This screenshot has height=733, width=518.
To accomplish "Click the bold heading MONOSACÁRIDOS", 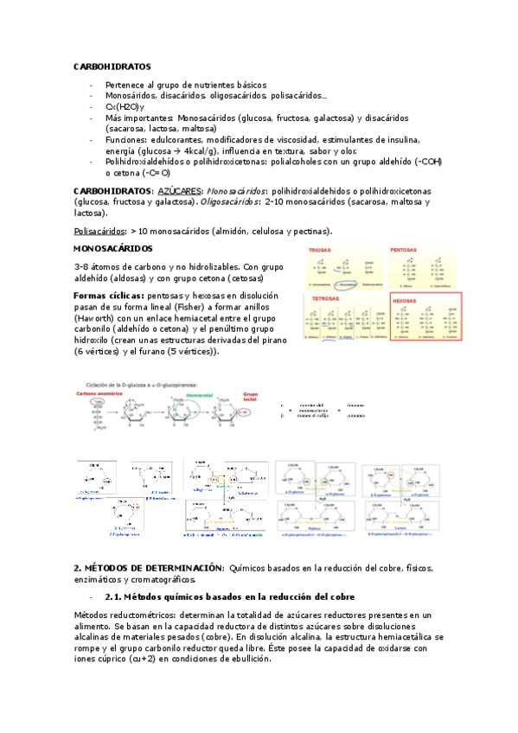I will click(118, 250).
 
